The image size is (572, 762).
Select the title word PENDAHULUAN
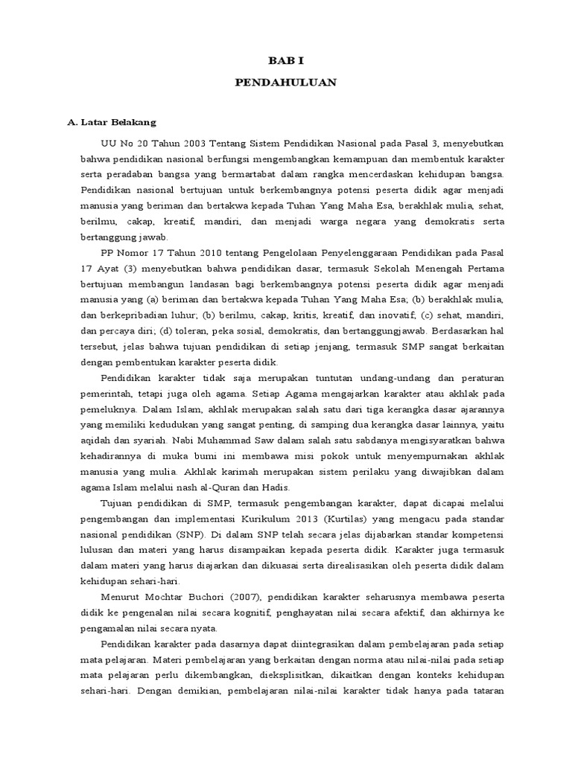285,83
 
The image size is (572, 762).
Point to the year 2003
196,142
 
